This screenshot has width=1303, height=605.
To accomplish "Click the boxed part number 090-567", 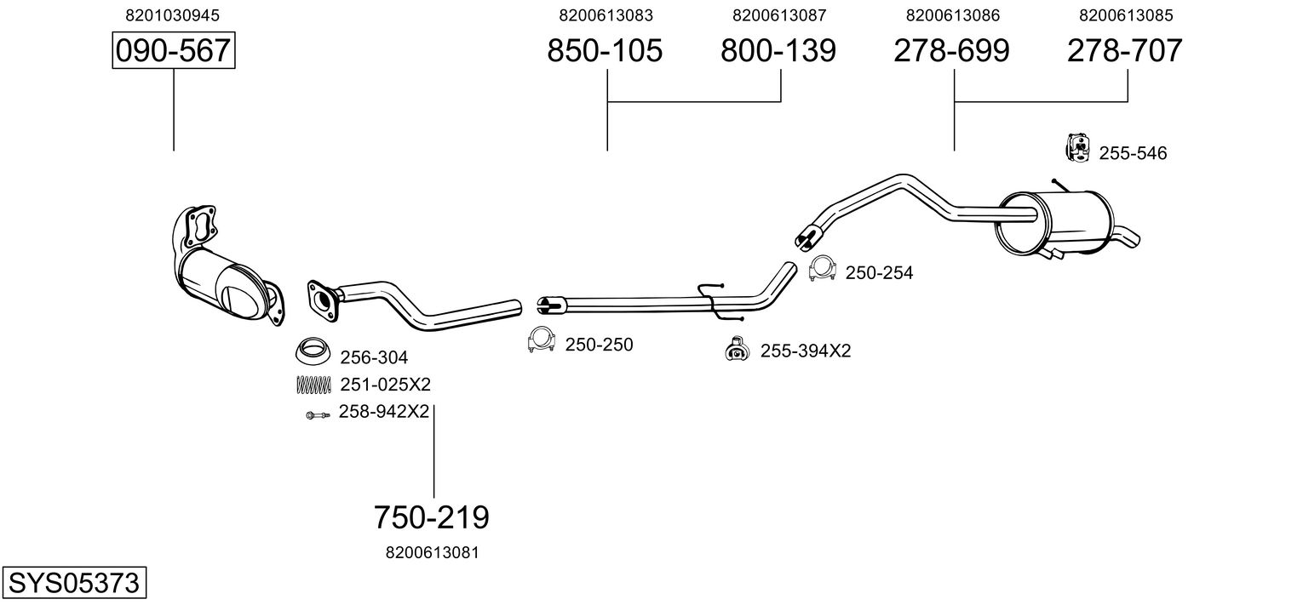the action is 174,50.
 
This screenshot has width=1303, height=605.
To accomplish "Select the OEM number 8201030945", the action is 173,15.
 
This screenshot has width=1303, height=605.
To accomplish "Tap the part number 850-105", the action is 605,50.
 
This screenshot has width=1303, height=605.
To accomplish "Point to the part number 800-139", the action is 778,50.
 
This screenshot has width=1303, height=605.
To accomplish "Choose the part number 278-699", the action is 951,50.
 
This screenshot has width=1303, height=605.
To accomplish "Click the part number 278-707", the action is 1124,50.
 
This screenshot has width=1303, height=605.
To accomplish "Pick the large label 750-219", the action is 432,517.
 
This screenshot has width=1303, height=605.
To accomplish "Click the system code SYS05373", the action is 74,582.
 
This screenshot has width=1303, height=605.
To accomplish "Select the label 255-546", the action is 1133,153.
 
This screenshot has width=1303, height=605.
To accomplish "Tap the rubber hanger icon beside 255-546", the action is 1077,148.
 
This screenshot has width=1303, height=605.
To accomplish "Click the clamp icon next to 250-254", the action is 823,269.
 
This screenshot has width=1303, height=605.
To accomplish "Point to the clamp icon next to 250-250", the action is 542,340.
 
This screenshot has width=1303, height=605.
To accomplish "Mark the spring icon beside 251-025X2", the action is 313,384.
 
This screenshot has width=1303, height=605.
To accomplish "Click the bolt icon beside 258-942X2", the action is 318,415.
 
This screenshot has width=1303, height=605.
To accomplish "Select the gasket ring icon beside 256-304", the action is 313,351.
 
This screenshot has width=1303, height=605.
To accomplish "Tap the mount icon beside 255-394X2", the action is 737,348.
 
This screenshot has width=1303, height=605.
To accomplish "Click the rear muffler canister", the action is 1054,223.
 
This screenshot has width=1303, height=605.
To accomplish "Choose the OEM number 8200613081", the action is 432,553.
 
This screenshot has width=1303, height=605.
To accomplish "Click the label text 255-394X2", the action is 806,351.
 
